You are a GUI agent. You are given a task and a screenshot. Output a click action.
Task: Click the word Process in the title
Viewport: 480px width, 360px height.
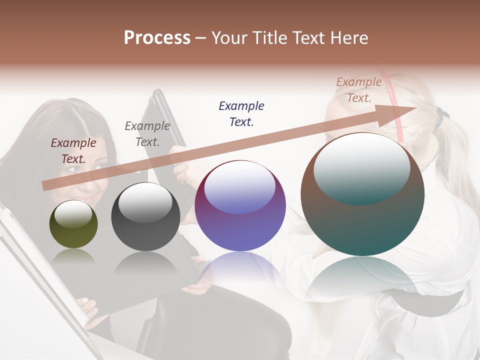157,37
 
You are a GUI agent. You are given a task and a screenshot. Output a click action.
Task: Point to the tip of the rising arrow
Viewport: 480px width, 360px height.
415,108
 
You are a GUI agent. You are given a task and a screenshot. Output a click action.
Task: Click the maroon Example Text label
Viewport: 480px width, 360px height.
73,150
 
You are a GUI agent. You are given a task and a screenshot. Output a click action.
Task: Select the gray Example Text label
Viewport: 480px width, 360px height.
147,133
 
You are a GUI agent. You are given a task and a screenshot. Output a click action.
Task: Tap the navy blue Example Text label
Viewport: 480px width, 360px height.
241,113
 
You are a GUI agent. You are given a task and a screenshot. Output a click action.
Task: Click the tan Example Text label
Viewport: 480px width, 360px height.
358,90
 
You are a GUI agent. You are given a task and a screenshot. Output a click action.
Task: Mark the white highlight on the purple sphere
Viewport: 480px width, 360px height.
240,186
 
